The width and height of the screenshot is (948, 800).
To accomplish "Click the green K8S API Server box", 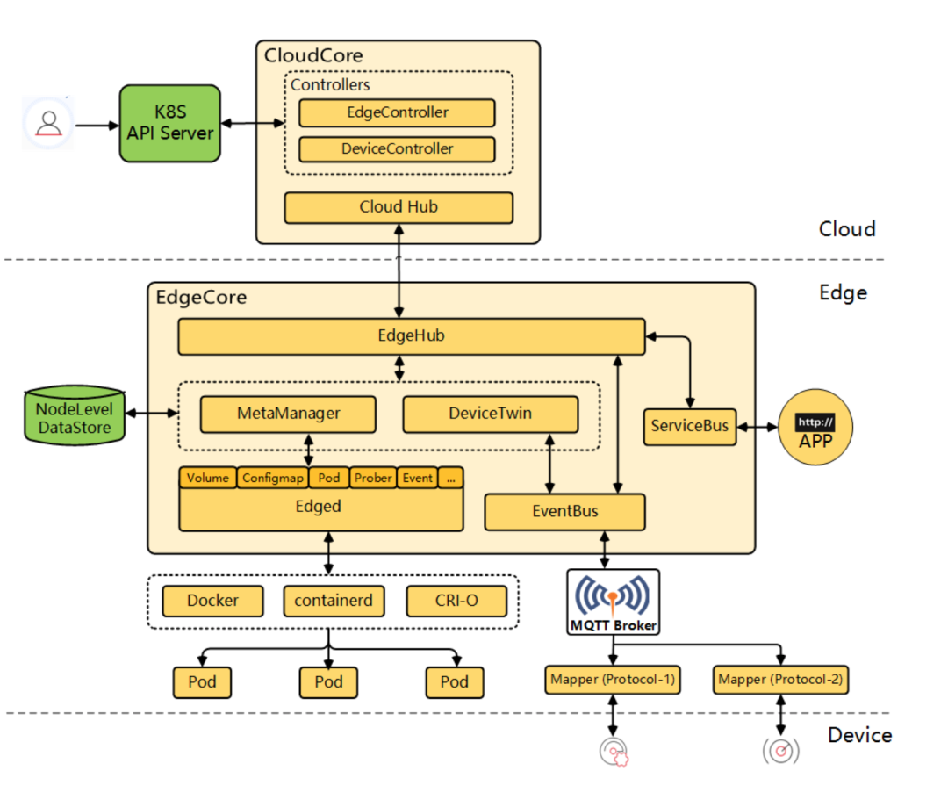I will click(x=169, y=123).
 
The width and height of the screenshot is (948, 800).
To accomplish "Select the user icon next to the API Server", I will click(x=49, y=124).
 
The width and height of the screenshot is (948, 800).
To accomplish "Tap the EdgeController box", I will click(x=397, y=112).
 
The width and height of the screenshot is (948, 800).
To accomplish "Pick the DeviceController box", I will click(x=397, y=148).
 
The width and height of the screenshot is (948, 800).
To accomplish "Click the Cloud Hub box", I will click(x=398, y=207).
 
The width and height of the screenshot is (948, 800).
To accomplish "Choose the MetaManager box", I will click(x=288, y=414).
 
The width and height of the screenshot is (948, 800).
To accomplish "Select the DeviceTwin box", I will click(x=490, y=414).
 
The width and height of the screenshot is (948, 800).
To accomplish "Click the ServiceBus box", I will click(x=690, y=426).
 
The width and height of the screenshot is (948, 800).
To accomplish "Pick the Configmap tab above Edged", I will click(x=272, y=478).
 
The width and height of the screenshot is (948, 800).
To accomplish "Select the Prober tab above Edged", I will click(x=373, y=478).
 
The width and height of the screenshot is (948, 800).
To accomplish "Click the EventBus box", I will click(x=564, y=512).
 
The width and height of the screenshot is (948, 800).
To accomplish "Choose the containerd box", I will click(x=334, y=602).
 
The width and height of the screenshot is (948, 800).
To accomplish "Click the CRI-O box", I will click(x=456, y=602).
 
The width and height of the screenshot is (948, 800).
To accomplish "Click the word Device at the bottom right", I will click(x=859, y=735).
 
